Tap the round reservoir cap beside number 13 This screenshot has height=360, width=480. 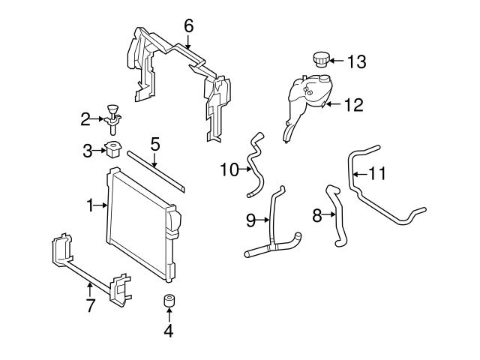(x=319, y=58)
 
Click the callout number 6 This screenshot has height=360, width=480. (x=189, y=26)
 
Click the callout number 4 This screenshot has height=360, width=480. (x=169, y=329)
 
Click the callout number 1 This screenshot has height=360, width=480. (x=91, y=204)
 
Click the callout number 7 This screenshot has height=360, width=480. (x=90, y=305)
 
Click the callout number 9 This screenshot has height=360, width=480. (x=251, y=220)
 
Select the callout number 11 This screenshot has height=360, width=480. (x=377, y=174)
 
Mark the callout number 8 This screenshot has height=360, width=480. (x=317, y=216)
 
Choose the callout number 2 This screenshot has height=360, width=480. (x=86, y=118)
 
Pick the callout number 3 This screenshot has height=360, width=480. (x=88, y=151)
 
